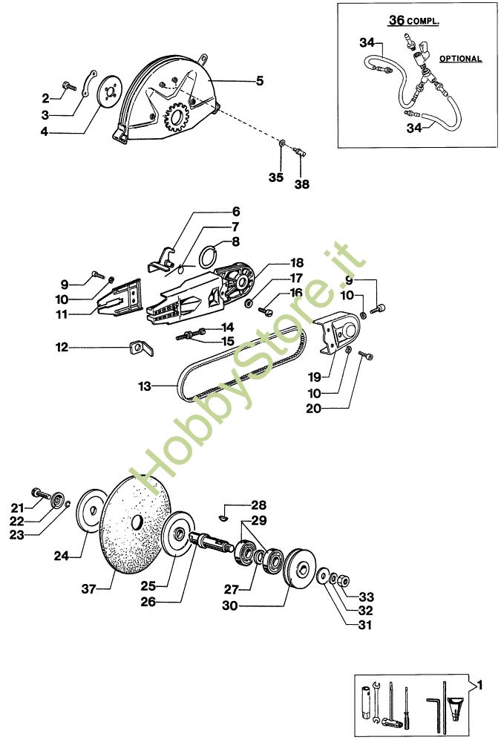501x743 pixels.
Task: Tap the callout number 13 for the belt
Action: click(145, 386)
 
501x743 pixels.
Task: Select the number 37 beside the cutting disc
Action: click(90, 589)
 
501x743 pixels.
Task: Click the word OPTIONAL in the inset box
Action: click(460, 59)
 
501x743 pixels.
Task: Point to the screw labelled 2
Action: click(69, 86)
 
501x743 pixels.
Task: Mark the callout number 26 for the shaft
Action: click(148, 602)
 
